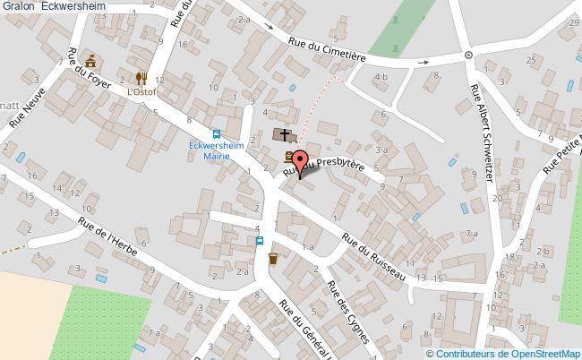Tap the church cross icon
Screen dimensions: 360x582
285,135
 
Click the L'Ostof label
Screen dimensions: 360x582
141,91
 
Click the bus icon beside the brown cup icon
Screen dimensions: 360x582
260,240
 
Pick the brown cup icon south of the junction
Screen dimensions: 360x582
273,258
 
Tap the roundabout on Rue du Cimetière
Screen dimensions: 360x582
468,56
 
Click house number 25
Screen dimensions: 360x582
531,60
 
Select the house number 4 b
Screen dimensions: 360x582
381,77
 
